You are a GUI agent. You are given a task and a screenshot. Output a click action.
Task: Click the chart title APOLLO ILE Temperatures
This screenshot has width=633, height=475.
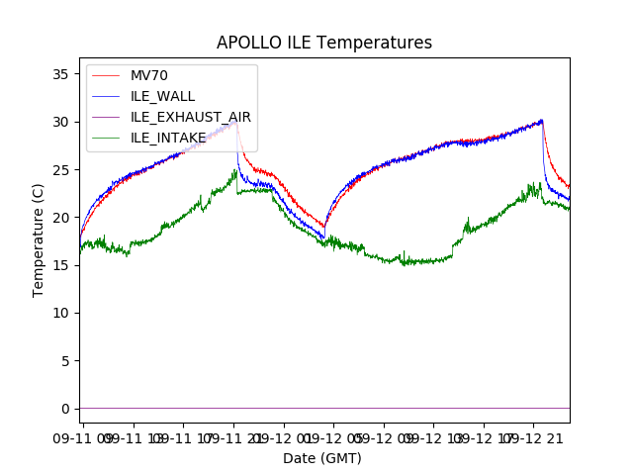[324, 44]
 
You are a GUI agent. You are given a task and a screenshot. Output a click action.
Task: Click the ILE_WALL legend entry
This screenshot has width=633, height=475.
[162, 96]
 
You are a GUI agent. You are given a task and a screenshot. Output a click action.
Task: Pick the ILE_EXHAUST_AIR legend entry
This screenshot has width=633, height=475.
[190, 117]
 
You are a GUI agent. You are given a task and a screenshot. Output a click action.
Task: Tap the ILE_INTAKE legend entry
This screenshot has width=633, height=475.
[168, 138]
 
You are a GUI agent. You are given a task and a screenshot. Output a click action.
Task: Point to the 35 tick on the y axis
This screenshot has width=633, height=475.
[61, 74]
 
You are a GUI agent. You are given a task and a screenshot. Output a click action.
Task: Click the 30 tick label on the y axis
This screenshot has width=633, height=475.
[61, 122]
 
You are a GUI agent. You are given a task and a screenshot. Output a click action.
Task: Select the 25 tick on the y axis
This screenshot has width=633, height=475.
[61, 170]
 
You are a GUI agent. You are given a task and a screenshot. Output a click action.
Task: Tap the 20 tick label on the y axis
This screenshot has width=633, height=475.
[61, 218]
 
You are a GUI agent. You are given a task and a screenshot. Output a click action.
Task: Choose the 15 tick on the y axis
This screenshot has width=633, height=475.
[61, 265]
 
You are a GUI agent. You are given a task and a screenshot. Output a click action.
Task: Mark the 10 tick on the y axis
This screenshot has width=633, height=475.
[61, 313]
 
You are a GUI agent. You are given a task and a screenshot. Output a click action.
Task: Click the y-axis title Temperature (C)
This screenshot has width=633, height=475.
[39, 239]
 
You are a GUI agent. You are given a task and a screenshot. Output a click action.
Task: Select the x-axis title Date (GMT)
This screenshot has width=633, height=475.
[322, 458]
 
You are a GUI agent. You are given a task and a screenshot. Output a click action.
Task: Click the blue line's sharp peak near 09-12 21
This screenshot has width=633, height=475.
[542, 120]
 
